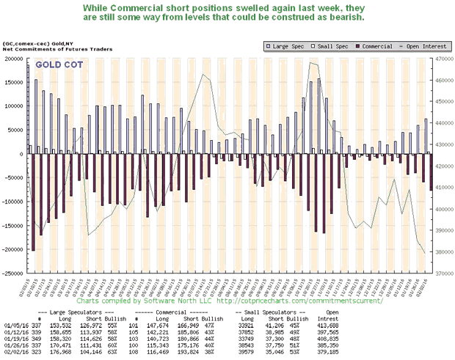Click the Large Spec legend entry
coord(285,45)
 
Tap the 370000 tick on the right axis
coord(443,273)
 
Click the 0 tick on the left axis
coord(22,154)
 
